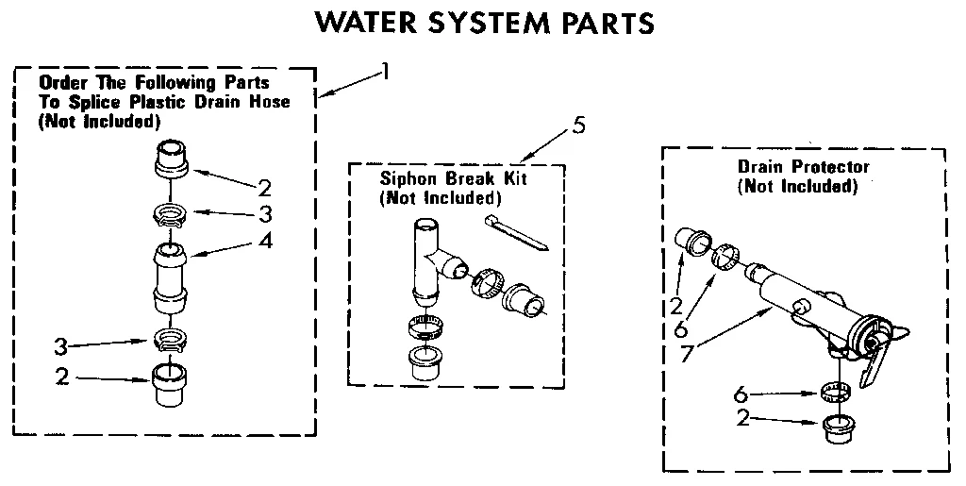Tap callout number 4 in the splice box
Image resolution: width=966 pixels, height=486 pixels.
tap(266, 240)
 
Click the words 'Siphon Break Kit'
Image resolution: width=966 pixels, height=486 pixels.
tap(439, 179)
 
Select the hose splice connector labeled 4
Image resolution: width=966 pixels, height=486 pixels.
tap(171, 279)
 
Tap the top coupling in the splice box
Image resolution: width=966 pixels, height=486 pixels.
tap(170, 158)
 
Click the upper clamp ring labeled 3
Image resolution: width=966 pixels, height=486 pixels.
tap(171, 215)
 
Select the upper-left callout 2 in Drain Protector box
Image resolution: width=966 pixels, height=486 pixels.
tap(676, 305)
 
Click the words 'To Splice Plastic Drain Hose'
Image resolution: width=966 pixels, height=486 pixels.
tap(164, 102)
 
